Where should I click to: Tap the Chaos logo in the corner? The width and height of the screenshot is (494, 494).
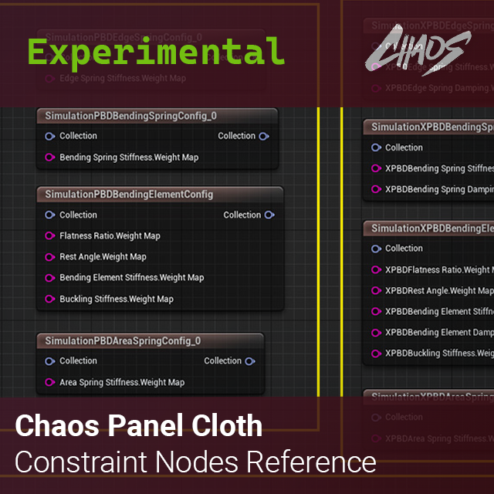418,52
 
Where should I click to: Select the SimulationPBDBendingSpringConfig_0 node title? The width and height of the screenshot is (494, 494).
131,116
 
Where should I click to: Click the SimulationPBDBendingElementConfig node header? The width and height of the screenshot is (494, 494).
129,195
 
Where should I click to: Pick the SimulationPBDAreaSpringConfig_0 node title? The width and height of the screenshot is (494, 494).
123,340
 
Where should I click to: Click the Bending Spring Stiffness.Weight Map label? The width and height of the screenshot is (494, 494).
129,157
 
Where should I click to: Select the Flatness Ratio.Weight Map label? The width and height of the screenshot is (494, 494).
110,236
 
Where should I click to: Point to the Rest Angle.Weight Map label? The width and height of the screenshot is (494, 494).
103,257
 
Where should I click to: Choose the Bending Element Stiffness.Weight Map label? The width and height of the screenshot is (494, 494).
131,278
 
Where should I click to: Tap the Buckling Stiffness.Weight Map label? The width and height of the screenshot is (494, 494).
117,299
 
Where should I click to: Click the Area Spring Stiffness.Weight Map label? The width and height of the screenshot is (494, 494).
122,382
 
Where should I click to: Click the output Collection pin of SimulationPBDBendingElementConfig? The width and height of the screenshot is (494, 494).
269,215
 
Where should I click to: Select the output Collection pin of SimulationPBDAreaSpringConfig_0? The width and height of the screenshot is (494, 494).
250,361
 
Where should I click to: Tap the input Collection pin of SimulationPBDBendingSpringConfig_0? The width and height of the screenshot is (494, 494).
50,137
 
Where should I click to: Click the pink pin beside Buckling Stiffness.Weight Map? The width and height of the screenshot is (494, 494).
50,299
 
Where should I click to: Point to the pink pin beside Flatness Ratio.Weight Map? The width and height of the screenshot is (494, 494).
50,236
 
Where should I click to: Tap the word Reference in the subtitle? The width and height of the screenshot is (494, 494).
312,462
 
